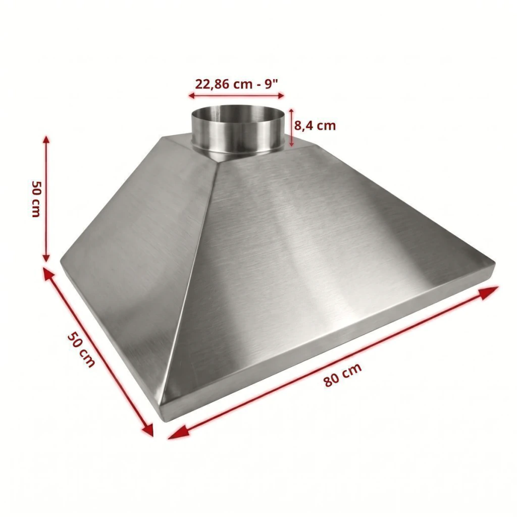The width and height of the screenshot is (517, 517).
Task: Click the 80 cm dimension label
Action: click(x=343, y=375)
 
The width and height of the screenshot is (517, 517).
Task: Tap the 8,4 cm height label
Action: click(x=315, y=126)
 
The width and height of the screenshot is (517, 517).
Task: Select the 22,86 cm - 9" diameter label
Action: click(x=237, y=84)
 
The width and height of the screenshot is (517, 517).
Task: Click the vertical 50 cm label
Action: click(x=36, y=198)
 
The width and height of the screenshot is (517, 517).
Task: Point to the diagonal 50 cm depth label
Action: click(x=81, y=350)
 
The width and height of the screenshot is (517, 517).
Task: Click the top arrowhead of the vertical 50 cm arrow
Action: click(x=46, y=139)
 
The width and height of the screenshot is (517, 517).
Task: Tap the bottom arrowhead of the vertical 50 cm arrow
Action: click(x=46, y=257)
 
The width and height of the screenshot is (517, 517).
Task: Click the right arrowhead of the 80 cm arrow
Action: click(x=491, y=292)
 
